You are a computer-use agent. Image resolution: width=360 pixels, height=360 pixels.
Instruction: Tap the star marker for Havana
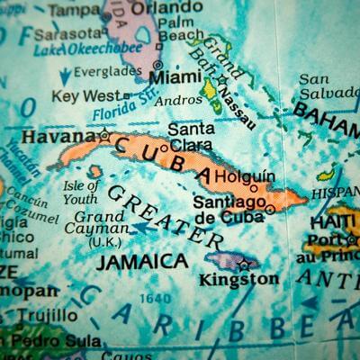pyautogui.click(x=105, y=137)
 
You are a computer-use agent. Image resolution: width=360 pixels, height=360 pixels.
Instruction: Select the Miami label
pyautogui.click(x=175, y=79)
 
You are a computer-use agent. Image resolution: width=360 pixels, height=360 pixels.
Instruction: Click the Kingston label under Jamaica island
pyautogui.click(x=238, y=279)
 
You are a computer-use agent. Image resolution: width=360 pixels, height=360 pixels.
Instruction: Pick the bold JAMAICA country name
pyautogui.click(x=142, y=261)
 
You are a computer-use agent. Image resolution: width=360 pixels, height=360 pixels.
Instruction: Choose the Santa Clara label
pyautogui.click(x=191, y=135)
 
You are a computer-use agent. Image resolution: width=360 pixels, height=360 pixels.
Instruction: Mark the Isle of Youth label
pyautogui.click(x=81, y=192)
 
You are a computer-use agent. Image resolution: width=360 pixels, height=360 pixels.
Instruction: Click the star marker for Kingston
pyautogui.click(x=244, y=264)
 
